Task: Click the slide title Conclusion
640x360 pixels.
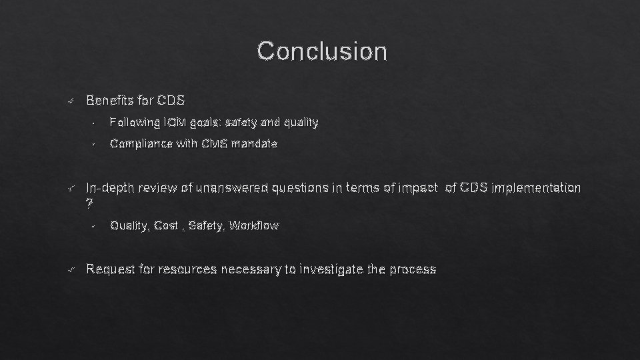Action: (321, 51)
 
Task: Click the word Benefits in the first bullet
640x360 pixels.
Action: (110, 101)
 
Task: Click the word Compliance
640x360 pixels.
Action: (140, 143)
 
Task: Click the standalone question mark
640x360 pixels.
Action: (90, 203)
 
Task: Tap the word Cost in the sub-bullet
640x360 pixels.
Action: (165, 226)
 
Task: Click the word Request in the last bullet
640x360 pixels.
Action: (110, 269)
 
